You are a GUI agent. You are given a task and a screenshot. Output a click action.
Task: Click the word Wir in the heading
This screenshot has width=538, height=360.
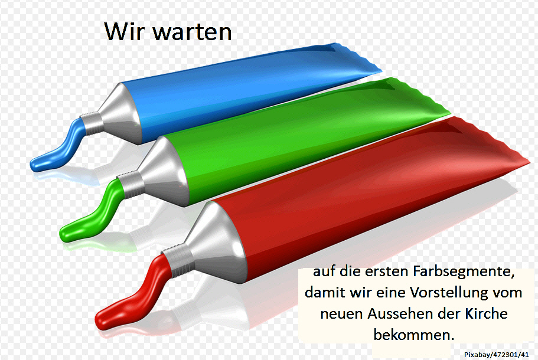[x=125, y=31]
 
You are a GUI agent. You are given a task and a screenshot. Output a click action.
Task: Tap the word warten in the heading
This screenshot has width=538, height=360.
[x=192, y=32]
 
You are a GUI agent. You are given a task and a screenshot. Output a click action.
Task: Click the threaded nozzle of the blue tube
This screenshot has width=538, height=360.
[x=92, y=123]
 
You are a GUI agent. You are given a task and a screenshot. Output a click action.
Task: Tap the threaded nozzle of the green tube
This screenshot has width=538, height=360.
[x=131, y=185]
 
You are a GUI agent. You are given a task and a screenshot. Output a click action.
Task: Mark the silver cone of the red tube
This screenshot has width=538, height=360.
[x=219, y=243]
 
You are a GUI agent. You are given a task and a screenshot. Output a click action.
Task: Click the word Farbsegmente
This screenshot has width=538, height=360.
[x=464, y=272]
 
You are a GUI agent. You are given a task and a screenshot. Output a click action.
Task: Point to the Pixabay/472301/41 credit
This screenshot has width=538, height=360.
[x=497, y=355]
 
